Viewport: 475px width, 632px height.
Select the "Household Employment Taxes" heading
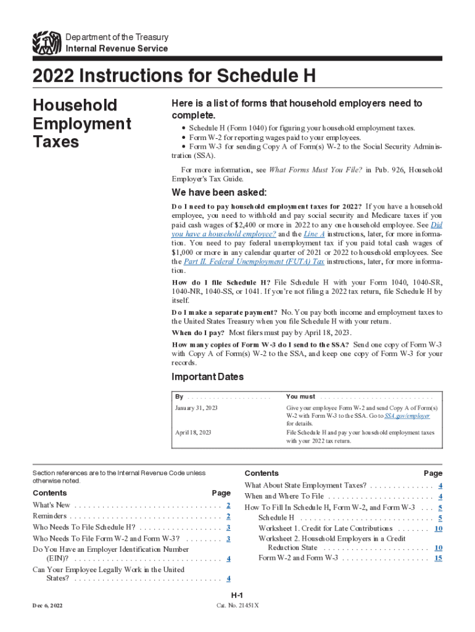[81, 123]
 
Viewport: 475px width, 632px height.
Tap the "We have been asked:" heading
[218, 192]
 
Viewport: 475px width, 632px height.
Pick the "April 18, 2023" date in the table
[193, 433]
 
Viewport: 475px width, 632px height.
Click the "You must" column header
[300, 396]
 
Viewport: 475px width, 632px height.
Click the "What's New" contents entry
[51, 505]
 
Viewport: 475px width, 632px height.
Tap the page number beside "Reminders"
[228, 517]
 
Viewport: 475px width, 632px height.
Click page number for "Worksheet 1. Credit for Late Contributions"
[438, 528]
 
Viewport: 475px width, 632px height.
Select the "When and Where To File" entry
[284, 496]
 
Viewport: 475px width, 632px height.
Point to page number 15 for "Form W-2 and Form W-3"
[438, 558]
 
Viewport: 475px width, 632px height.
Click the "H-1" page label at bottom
[237, 595]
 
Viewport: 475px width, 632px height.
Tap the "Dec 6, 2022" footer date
[47, 605]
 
